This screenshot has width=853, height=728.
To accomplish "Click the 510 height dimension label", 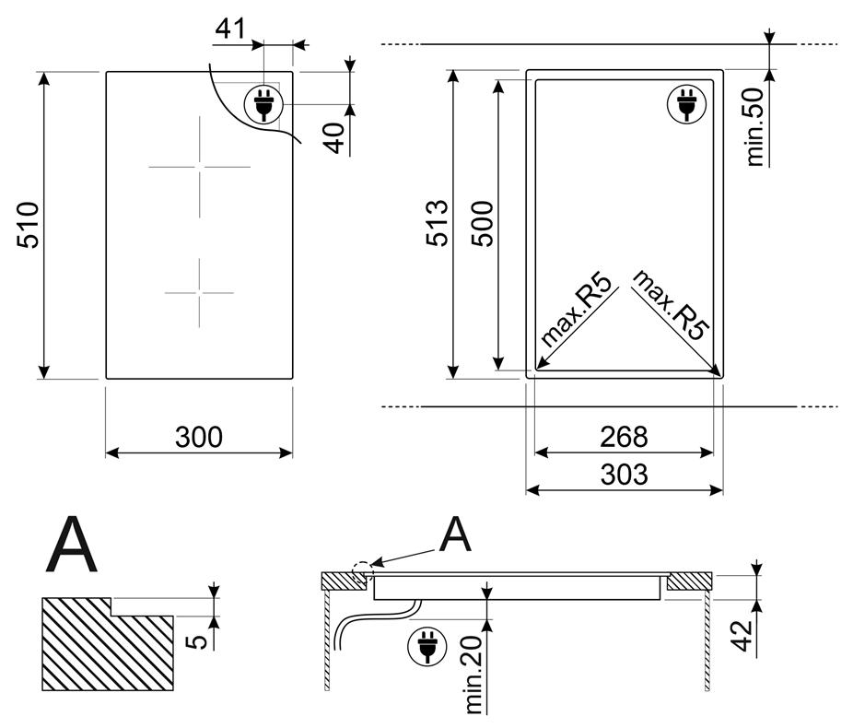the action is (29, 225).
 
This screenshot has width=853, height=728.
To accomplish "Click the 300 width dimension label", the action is (199, 437).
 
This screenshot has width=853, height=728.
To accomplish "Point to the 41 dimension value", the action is (230, 29).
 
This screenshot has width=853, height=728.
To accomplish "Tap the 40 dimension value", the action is (335, 138).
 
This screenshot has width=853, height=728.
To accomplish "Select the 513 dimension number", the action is (437, 223).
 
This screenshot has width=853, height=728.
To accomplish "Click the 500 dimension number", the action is (482, 224).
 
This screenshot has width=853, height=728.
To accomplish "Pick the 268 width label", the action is (624, 437).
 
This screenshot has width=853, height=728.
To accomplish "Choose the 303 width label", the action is (624, 474).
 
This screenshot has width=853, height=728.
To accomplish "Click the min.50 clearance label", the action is (755, 127).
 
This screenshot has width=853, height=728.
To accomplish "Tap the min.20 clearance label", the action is (473, 675).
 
